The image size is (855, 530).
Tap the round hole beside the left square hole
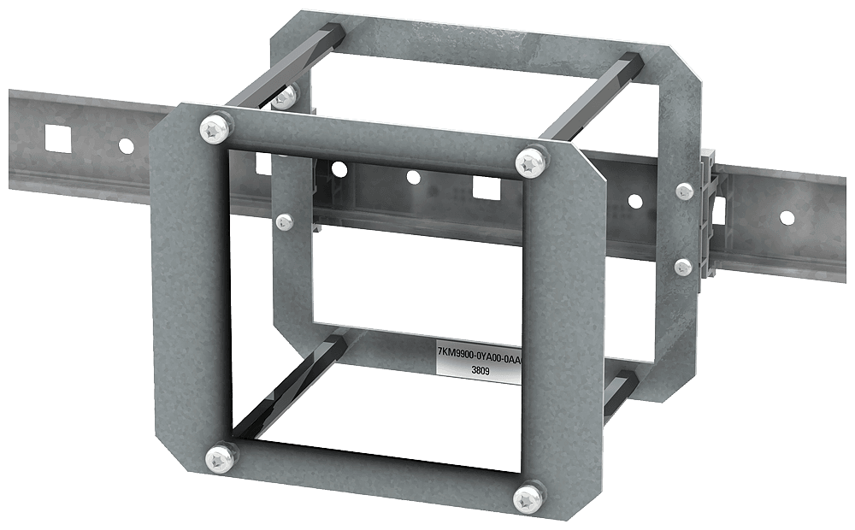[126, 146]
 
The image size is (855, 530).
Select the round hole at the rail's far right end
[787, 218]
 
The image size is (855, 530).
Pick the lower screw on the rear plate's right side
[682, 267]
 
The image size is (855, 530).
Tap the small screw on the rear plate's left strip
[286, 222]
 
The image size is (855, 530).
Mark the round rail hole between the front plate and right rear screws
[634, 202]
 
